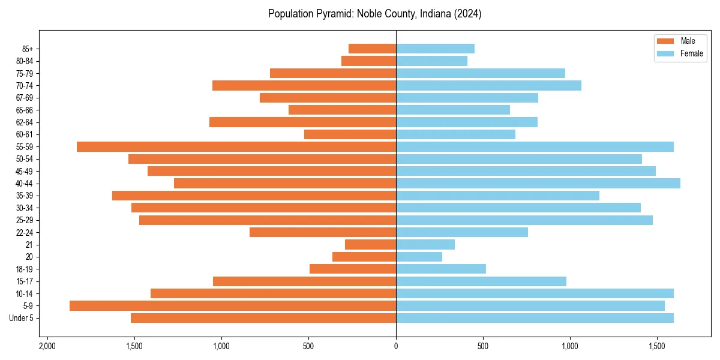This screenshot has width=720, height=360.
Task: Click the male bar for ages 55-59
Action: pos(236,147)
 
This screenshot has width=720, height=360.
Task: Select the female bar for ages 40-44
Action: pos(538,184)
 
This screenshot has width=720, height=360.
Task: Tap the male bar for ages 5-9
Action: pos(233,306)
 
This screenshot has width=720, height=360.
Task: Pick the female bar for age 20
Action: pos(419,257)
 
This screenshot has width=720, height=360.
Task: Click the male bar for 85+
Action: pos(372,49)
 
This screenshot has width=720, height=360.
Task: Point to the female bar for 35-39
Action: pos(497,196)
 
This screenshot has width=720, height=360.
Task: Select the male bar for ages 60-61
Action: pos(350,134)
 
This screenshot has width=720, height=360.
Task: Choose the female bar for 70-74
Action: pos(488,86)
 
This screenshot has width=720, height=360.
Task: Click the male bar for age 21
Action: pos(370,245)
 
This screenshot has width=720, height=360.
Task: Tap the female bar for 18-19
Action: pos(441,269)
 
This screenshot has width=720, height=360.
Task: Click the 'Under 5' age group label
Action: pos(21,318)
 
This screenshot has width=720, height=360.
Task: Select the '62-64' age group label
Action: pos(24,122)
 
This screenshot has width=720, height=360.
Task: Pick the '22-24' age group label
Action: pos(24,232)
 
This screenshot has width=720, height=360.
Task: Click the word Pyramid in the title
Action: pos(332,14)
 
